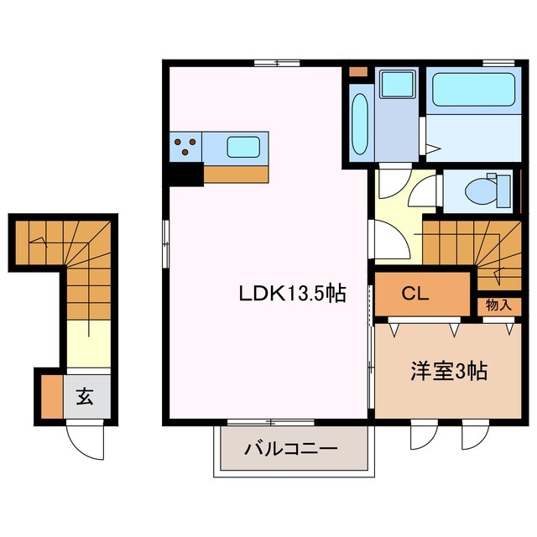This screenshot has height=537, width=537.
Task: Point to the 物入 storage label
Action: [498, 305]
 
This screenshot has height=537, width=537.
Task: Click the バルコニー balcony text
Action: [291, 449]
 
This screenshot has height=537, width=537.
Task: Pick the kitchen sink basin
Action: [243, 148]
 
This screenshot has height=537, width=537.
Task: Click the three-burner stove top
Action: [186, 148]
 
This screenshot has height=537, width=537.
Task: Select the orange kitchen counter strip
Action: [236, 174]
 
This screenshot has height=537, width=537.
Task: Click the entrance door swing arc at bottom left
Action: [86, 438]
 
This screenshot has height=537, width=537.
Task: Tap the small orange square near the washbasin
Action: [357, 70]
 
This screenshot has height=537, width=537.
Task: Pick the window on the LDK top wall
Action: [277, 63]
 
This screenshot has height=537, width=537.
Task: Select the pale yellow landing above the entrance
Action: [88, 343]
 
